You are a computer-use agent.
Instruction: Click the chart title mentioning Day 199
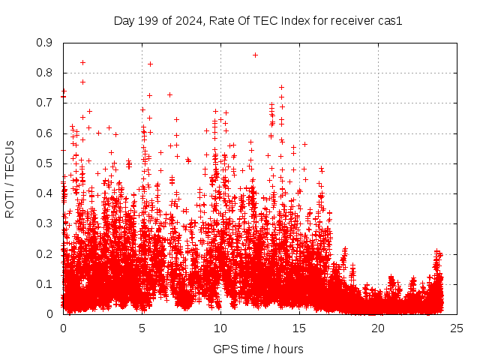click(x=258, y=21)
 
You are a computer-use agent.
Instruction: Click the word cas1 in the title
click(x=390, y=21)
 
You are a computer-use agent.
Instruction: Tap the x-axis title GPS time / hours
click(x=258, y=349)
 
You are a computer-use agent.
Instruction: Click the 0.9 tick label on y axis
click(x=44, y=43)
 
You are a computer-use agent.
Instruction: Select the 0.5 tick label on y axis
click(x=44, y=163)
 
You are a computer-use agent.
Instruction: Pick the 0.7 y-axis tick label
click(x=44, y=103)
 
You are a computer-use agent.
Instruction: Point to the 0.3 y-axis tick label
click(x=44, y=224)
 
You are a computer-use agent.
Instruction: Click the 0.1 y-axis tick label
click(x=44, y=284)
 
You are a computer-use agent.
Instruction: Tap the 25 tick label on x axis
click(x=457, y=328)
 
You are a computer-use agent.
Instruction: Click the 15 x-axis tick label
click(x=299, y=328)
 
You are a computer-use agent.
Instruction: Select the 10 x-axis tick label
click(x=220, y=328)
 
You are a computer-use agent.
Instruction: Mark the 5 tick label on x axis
click(x=142, y=328)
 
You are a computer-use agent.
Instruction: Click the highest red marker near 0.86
click(x=256, y=55)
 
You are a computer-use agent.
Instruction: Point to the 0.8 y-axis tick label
click(x=44, y=73)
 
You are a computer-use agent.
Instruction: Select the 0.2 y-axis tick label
click(x=44, y=254)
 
